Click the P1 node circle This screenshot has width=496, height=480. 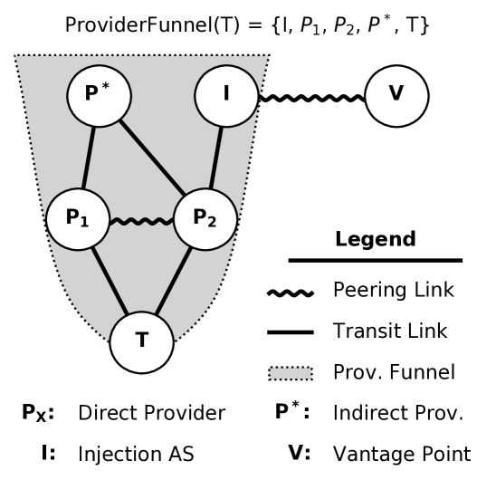coord(78,219)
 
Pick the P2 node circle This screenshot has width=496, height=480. coord(205,219)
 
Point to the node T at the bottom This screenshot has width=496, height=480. coord(141,341)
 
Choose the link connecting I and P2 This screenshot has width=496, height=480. coord(217,157)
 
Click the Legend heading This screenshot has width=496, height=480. coord(375,240)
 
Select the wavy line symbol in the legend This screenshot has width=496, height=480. coord(291,292)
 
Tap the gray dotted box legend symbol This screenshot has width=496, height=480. coord(291,372)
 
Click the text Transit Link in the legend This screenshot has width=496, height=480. coord(389,331)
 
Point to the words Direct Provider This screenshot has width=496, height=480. coord(152,413)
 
